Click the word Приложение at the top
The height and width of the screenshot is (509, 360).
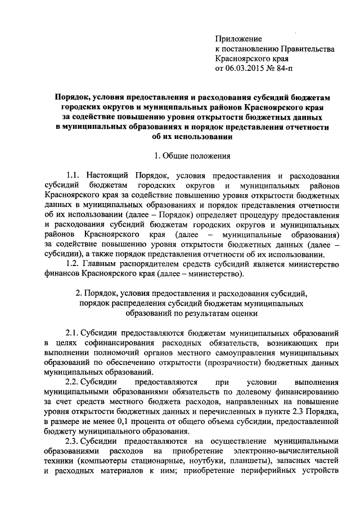click(x=238, y=39)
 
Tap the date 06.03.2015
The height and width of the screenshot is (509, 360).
click(x=245, y=69)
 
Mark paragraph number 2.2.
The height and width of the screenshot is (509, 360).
click(x=74, y=382)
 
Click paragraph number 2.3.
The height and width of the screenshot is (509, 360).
click(x=74, y=442)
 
